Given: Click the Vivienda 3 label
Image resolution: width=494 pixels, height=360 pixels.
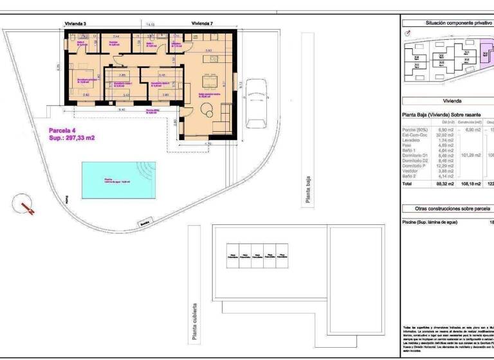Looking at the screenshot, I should click(75, 23).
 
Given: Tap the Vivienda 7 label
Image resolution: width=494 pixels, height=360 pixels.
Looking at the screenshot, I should click(202, 23).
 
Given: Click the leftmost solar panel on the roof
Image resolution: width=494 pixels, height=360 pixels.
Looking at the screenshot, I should click(230, 255).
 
